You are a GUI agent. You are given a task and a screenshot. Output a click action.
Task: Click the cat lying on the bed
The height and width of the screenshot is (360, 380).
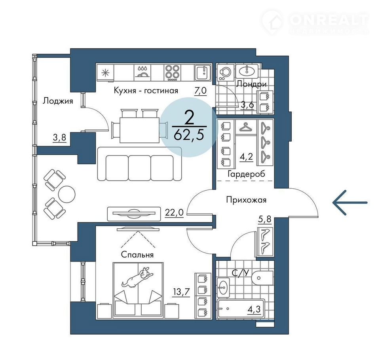coord(137,278)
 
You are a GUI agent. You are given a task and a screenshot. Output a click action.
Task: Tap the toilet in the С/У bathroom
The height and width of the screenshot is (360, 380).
coord(262,278)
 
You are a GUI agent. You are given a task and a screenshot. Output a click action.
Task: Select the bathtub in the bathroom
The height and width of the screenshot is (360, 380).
coord(241,309)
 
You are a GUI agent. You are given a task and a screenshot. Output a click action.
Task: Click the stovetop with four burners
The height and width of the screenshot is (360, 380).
coord(172,72)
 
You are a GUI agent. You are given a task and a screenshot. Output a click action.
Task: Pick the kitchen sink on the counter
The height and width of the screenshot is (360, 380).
coord(203,72)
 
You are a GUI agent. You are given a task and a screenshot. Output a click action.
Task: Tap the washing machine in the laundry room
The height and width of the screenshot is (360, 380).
coord(225,72)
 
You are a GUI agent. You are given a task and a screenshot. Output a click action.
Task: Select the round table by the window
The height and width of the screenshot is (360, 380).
coord(66,194)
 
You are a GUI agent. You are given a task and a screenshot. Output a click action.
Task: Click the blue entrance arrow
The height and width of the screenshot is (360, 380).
coord(350,203)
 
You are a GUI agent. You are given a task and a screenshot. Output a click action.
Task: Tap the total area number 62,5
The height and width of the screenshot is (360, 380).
coord(189,135)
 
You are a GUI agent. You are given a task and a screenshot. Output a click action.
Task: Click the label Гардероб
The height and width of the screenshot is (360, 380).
coord(246,174)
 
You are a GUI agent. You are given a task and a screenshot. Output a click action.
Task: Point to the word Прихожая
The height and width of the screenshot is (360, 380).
coord(246,200)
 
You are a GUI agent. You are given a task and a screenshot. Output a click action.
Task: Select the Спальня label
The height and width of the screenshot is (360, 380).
coord(137,255)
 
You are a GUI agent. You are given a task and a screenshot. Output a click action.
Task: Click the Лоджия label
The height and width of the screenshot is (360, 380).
coord(58,101)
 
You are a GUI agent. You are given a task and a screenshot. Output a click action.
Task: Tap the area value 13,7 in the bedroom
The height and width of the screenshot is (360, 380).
coord(181,292)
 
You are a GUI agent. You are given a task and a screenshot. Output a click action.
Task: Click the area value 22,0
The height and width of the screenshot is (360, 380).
coord(174,212)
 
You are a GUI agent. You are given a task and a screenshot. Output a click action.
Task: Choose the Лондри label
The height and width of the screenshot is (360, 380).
coord(252,84)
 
